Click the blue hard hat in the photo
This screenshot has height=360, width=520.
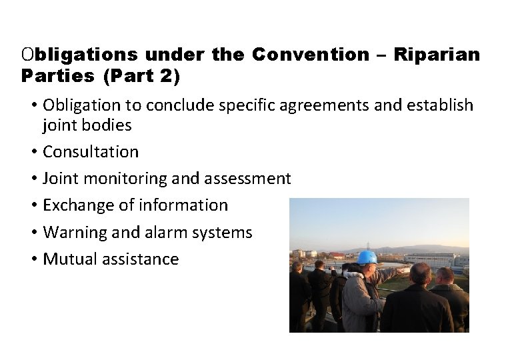coord(367,257)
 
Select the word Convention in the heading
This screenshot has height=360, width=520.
coord(311,55)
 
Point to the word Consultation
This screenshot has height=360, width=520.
coord(91,152)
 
